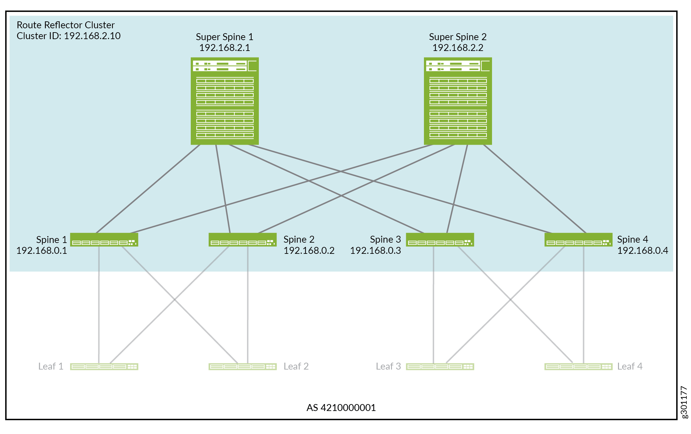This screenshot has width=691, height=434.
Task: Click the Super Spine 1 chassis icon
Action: tap(225, 101)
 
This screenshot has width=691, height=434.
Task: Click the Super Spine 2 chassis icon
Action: tap(458, 101)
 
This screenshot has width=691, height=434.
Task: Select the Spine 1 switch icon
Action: tap(104, 240)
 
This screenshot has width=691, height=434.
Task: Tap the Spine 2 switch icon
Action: tap(242, 240)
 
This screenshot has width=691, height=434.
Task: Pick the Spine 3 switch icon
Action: tap(440, 240)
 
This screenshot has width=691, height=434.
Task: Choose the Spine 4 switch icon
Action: tap(578, 240)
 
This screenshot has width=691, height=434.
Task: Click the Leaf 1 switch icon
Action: tap(104, 367)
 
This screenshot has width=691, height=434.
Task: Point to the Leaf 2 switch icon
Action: tap(242, 367)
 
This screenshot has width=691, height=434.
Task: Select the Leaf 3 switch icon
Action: tap(440, 367)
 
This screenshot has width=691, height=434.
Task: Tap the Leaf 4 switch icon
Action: tap(578, 367)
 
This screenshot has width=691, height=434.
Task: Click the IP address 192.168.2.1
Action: tap(225, 48)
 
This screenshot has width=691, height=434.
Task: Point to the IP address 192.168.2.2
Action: tap(458, 48)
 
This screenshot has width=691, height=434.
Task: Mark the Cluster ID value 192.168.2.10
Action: tap(92, 36)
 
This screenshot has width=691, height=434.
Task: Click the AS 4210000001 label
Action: tap(341, 408)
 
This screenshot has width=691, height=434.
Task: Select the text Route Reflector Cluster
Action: tap(65, 25)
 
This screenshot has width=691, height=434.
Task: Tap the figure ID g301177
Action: tap(684, 402)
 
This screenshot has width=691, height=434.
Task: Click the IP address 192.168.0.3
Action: tap(375, 251)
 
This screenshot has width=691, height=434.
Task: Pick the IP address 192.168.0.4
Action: tap(642, 251)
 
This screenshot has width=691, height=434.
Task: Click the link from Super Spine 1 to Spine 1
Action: tap(148, 189)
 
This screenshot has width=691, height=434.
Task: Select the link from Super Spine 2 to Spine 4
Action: tap(534, 189)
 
